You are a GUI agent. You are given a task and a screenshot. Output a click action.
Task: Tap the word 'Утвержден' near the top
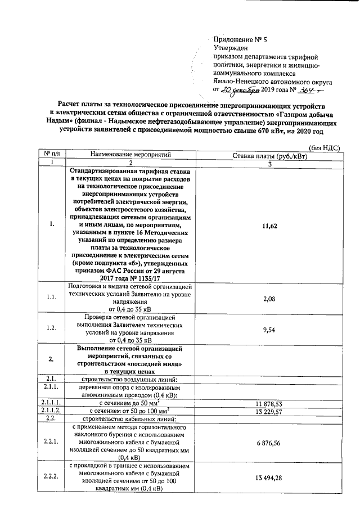click(x=231, y=48)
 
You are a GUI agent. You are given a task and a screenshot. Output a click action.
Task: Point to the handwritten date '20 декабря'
click(x=240, y=89)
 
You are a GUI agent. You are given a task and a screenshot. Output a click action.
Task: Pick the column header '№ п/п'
click(x=51, y=154)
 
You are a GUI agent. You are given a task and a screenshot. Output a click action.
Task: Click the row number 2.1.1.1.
click(x=51, y=403)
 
